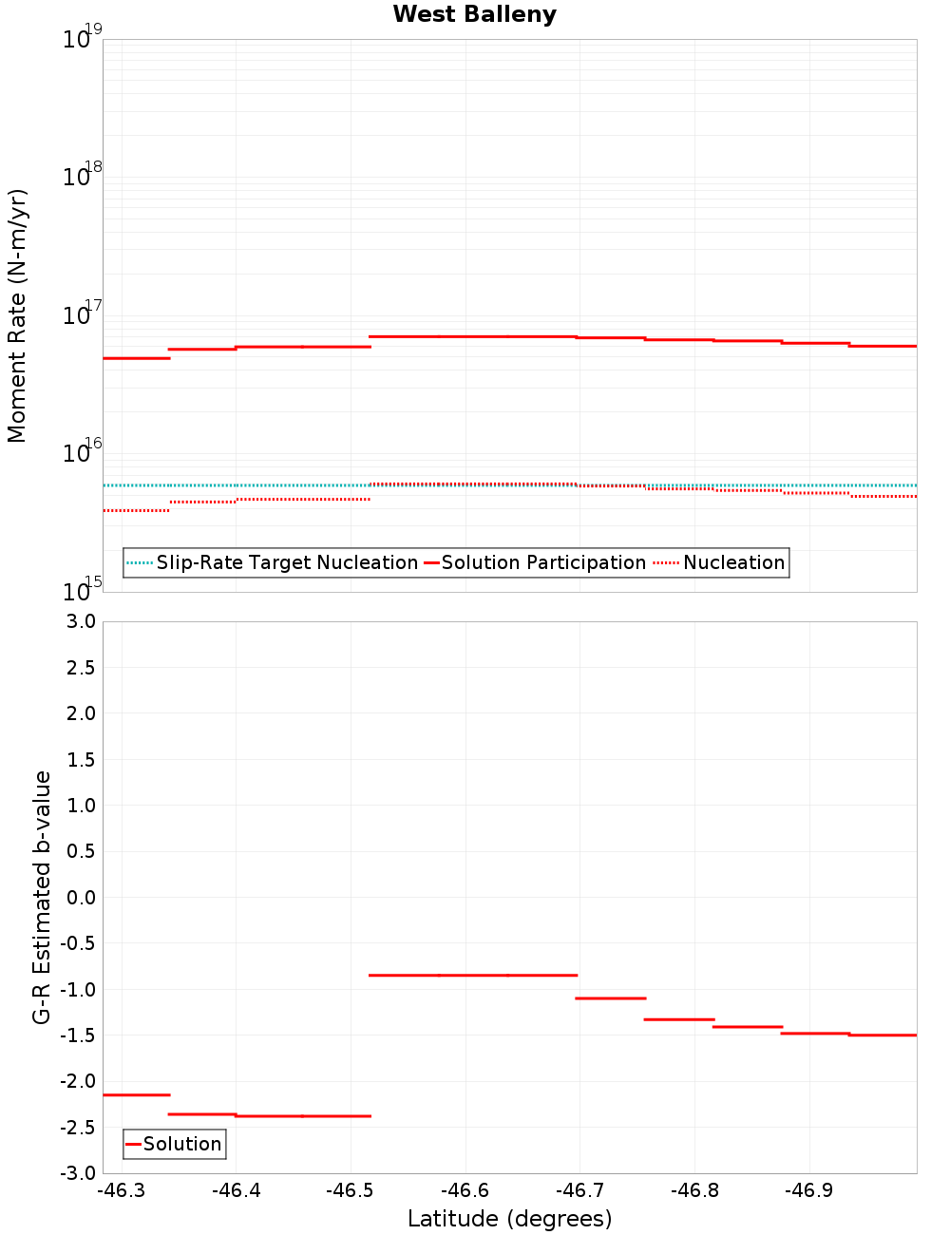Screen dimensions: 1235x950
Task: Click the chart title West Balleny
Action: (x=474, y=14)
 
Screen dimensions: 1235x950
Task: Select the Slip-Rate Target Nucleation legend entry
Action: (x=286, y=563)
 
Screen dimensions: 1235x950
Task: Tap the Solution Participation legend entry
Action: (x=543, y=563)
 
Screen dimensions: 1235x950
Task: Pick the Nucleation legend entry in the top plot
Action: (x=733, y=563)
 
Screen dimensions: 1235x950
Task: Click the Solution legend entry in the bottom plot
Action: (x=181, y=1145)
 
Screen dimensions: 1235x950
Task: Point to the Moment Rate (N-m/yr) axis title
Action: (x=17, y=315)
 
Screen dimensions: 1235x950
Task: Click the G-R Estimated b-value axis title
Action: (x=42, y=897)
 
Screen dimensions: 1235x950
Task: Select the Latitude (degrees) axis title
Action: (x=509, y=1219)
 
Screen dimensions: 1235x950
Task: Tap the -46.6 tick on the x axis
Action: (x=465, y=1191)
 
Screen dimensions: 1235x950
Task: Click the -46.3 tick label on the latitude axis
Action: (x=123, y=1191)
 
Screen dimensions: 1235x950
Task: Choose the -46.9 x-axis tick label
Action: (x=809, y=1191)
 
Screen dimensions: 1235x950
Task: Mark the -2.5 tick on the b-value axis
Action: (x=79, y=1128)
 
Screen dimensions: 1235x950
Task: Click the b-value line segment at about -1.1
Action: (x=611, y=998)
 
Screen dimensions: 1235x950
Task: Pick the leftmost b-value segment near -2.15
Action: (x=136, y=1095)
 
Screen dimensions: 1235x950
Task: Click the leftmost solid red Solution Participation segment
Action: (x=136, y=358)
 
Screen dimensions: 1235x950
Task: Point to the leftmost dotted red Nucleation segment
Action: (x=136, y=511)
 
